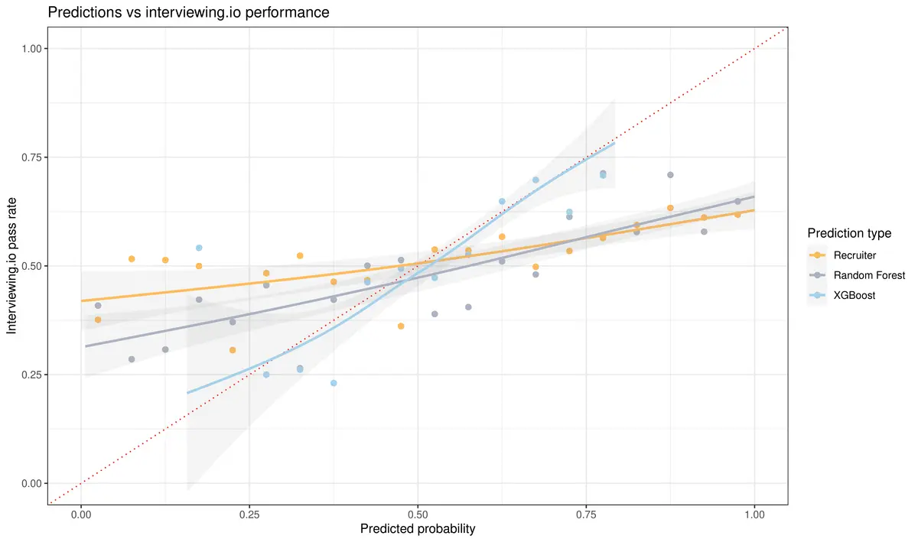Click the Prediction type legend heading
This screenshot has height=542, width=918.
(848, 232)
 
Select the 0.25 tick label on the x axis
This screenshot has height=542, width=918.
(249, 515)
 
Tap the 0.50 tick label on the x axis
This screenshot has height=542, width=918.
(418, 515)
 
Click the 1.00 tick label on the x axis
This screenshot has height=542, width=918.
(754, 515)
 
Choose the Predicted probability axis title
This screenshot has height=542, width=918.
(418, 529)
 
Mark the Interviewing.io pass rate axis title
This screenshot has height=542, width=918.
(12, 265)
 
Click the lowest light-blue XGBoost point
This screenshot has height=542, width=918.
(334, 383)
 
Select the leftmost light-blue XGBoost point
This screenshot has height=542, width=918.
(199, 248)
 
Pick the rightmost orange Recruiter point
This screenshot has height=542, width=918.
(737, 215)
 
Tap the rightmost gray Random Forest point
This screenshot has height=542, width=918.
(737, 202)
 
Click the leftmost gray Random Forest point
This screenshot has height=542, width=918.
(98, 306)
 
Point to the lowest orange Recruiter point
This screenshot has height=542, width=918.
(233, 350)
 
